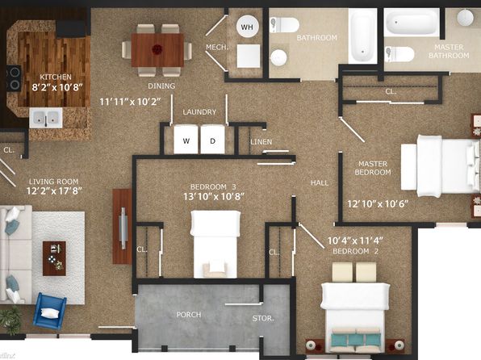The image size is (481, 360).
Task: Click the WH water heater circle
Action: pos(247,27)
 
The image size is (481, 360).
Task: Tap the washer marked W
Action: pos(186,140)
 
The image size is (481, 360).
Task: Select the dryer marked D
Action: pos(212,140)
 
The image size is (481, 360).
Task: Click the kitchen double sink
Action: pos(46,118)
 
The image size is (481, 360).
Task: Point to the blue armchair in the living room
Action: pos(50,311)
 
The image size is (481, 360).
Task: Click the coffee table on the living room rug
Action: pos(54,258)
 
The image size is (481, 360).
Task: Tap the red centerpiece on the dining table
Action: pos(157,49)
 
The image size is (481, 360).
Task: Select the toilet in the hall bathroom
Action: pos(284,25)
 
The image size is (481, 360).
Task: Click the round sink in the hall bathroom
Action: pos(279,57)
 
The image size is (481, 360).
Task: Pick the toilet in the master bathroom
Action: pos(399,54)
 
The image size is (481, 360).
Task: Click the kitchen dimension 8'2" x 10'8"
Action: pos(57,87)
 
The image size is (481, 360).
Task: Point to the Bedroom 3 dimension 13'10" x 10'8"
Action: pos(214,196)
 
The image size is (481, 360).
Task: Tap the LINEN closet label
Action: pos(261,142)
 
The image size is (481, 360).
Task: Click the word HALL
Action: pos(320,183)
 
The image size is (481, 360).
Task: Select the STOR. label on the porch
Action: pos(263,318)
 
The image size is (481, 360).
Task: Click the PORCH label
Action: pos(189,315)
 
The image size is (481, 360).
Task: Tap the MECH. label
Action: pos(217,48)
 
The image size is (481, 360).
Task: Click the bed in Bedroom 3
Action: pos(215,245)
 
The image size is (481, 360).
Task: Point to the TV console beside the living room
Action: pos(122,227)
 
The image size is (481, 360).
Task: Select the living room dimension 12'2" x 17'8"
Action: pos(54,191)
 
